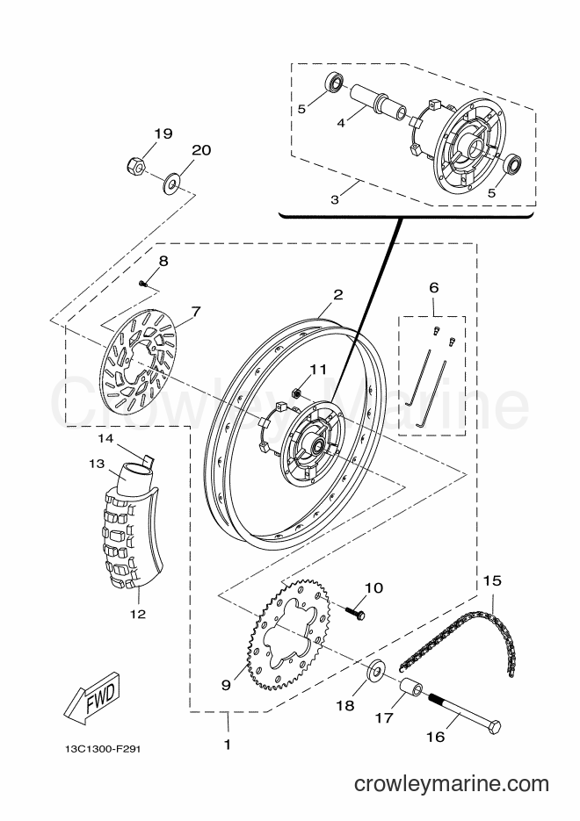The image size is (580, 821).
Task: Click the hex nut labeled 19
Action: click(x=134, y=166)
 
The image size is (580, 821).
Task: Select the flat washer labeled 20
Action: click(x=171, y=184)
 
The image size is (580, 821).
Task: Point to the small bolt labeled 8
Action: click(x=142, y=284)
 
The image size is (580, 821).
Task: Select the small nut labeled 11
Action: click(x=295, y=390)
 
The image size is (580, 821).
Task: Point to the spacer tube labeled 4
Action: click(x=375, y=103)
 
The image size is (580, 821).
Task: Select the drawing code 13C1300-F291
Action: click(x=99, y=749)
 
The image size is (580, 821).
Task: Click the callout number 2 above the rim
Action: click(x=338, y=294)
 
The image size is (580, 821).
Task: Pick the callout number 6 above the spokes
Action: click(x=433, y=287)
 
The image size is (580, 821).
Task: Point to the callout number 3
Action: click(x=335, y=199)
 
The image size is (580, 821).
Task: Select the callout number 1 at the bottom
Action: click(x=228, y=744)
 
